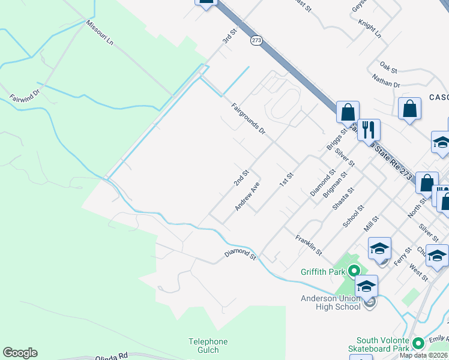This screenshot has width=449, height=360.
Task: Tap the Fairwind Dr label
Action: coord(24,94)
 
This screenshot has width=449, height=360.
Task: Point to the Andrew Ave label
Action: coord(247,196)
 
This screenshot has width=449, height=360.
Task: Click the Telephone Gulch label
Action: coord(208,346)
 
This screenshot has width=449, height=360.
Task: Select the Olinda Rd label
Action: coord(112,356)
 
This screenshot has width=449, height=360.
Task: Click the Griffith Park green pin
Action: coord(354,271)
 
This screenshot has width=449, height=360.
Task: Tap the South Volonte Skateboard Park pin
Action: coord(418,344)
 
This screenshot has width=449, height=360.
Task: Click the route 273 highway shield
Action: coord(256,40)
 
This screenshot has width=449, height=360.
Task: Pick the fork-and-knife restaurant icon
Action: coord(369,129)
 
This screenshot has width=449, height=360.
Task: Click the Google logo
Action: coord(20,353)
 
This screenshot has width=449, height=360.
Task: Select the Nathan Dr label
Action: coord(386,80)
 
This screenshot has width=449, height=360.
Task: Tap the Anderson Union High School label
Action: coord(331,302)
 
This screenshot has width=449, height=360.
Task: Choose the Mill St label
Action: coord(373,226)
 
